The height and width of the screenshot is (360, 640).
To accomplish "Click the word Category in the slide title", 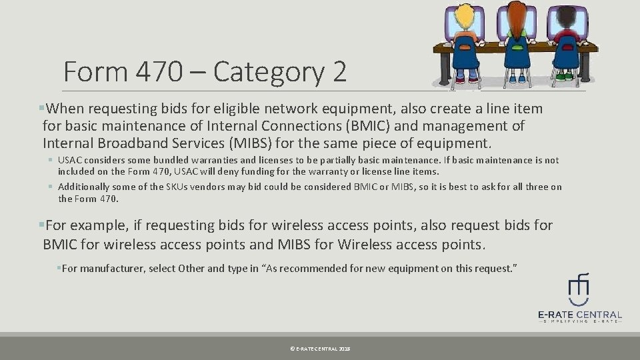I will tap(269, 71).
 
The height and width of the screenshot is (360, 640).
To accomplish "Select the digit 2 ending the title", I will tap(339, 71).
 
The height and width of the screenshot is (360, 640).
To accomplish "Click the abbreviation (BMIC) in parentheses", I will tap(361, 126).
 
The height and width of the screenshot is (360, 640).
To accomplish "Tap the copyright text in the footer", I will tap(320, 349).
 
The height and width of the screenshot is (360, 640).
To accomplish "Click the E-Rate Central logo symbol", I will tap(578, 287).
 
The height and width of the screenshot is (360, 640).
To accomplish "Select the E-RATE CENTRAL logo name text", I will tap(579, 315).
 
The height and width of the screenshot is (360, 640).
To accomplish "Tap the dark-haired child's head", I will tap(567, 17).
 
